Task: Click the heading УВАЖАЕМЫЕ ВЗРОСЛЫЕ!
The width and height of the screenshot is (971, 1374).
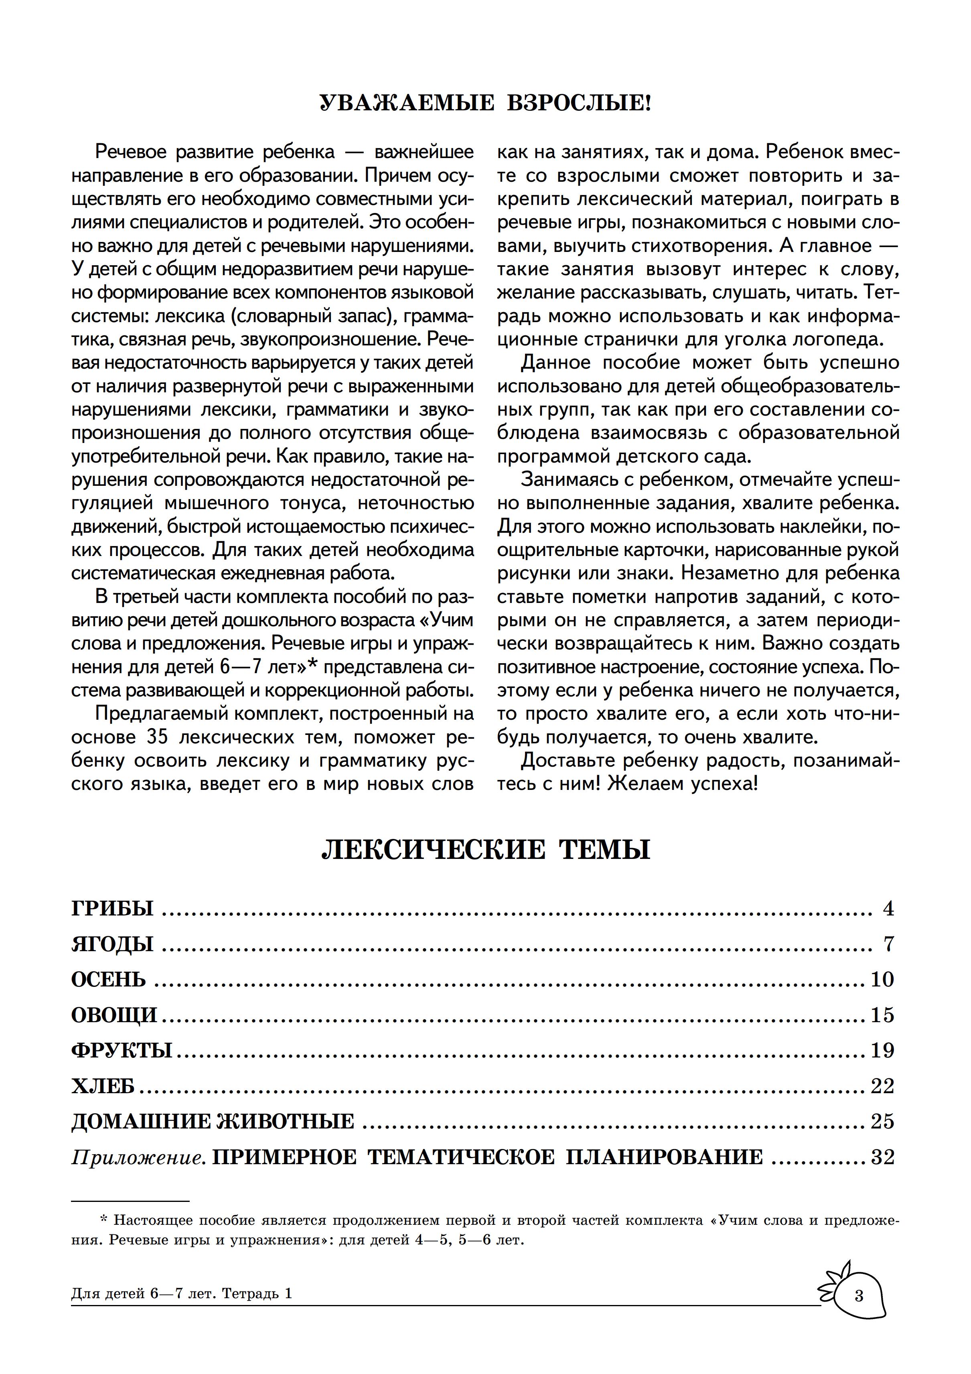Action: [x=485, y=104]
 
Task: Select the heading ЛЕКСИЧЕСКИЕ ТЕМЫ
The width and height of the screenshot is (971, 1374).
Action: [x=485, y=850]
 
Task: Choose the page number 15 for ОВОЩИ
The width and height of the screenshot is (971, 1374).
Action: [x=882, y=1015]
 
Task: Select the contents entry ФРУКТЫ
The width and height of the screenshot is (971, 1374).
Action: [x=122, y=1050]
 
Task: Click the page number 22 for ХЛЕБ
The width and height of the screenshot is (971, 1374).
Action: [x=882, y=1086]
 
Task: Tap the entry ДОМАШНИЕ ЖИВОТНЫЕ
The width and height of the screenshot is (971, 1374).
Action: [x=213, y=1121]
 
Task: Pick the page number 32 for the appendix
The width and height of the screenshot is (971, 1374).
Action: [x=882, y=1157]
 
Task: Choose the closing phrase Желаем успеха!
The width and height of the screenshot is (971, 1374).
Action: [x=683, y=783]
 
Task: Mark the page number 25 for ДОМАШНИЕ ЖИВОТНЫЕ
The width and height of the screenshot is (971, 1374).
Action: [x=882, y=1121]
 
